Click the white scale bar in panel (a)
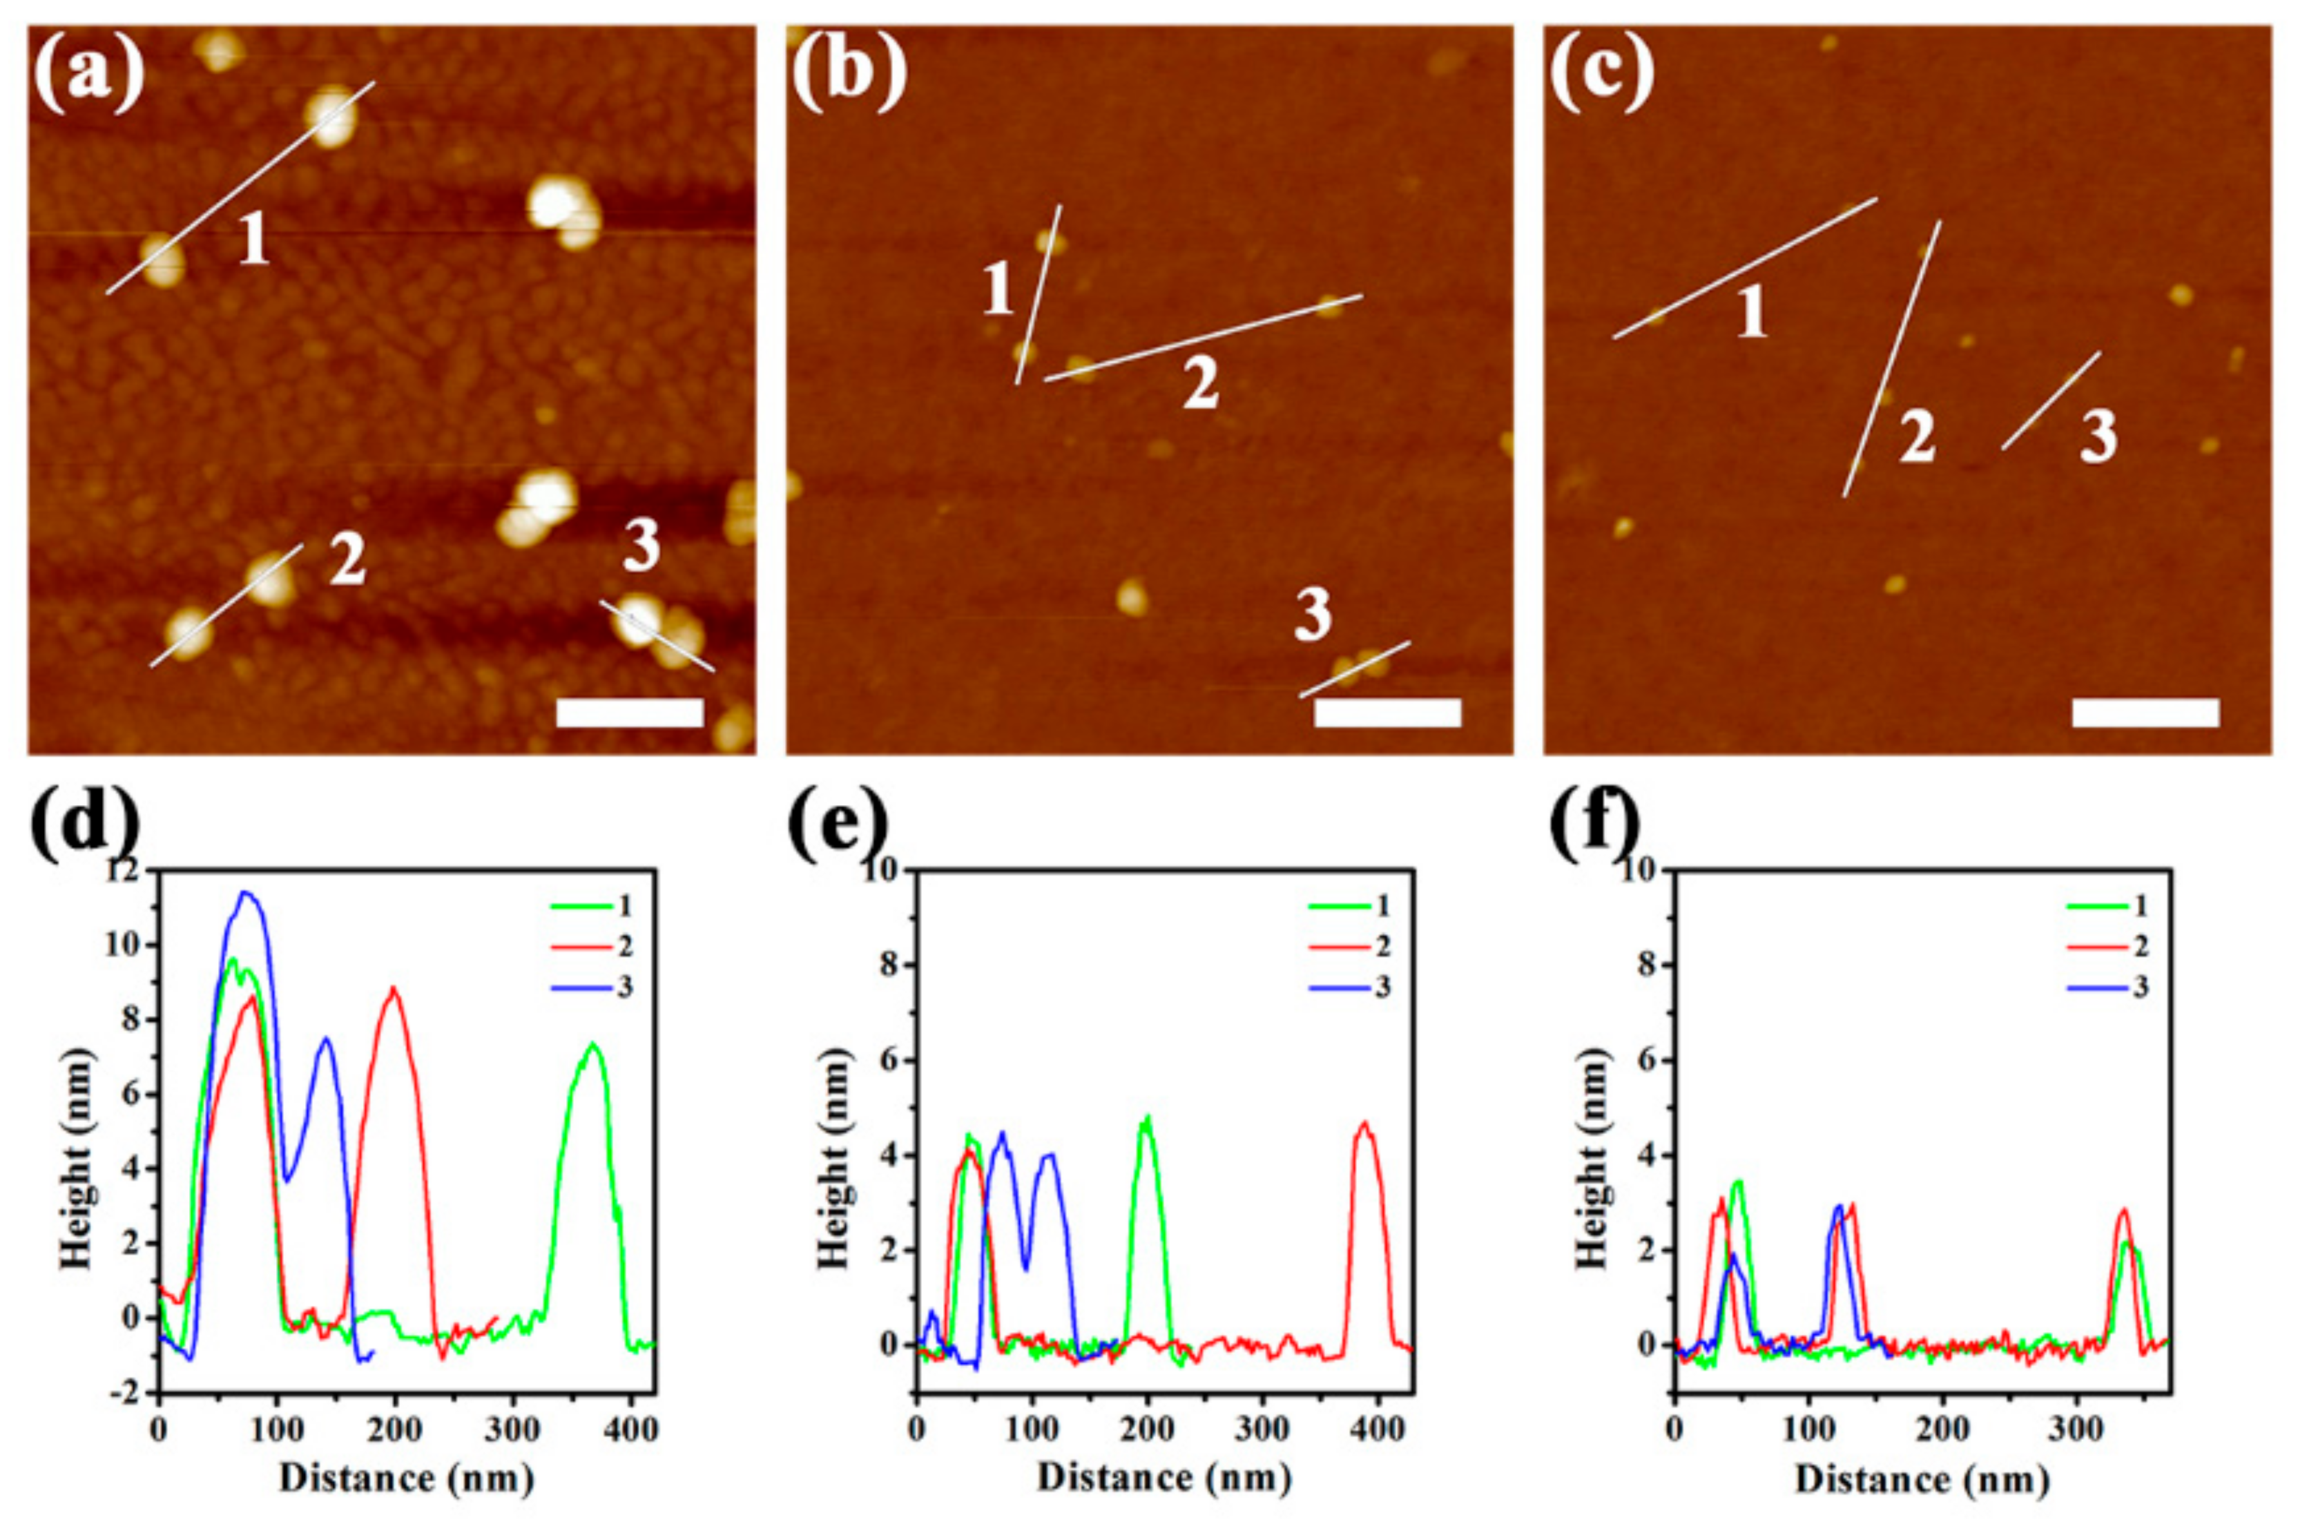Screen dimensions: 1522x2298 pyautogui.click(x=630, y=713)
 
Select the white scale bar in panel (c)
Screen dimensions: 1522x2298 pyautogui.click(x=2145, y=713)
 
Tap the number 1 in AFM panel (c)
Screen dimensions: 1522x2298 pyautogui.click(x=1752, y=314)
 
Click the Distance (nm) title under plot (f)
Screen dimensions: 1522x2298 pyautogui.click(x=1922, y=1478)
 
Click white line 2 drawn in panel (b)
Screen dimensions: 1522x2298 pyautogui.click(x=1204, y=337)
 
